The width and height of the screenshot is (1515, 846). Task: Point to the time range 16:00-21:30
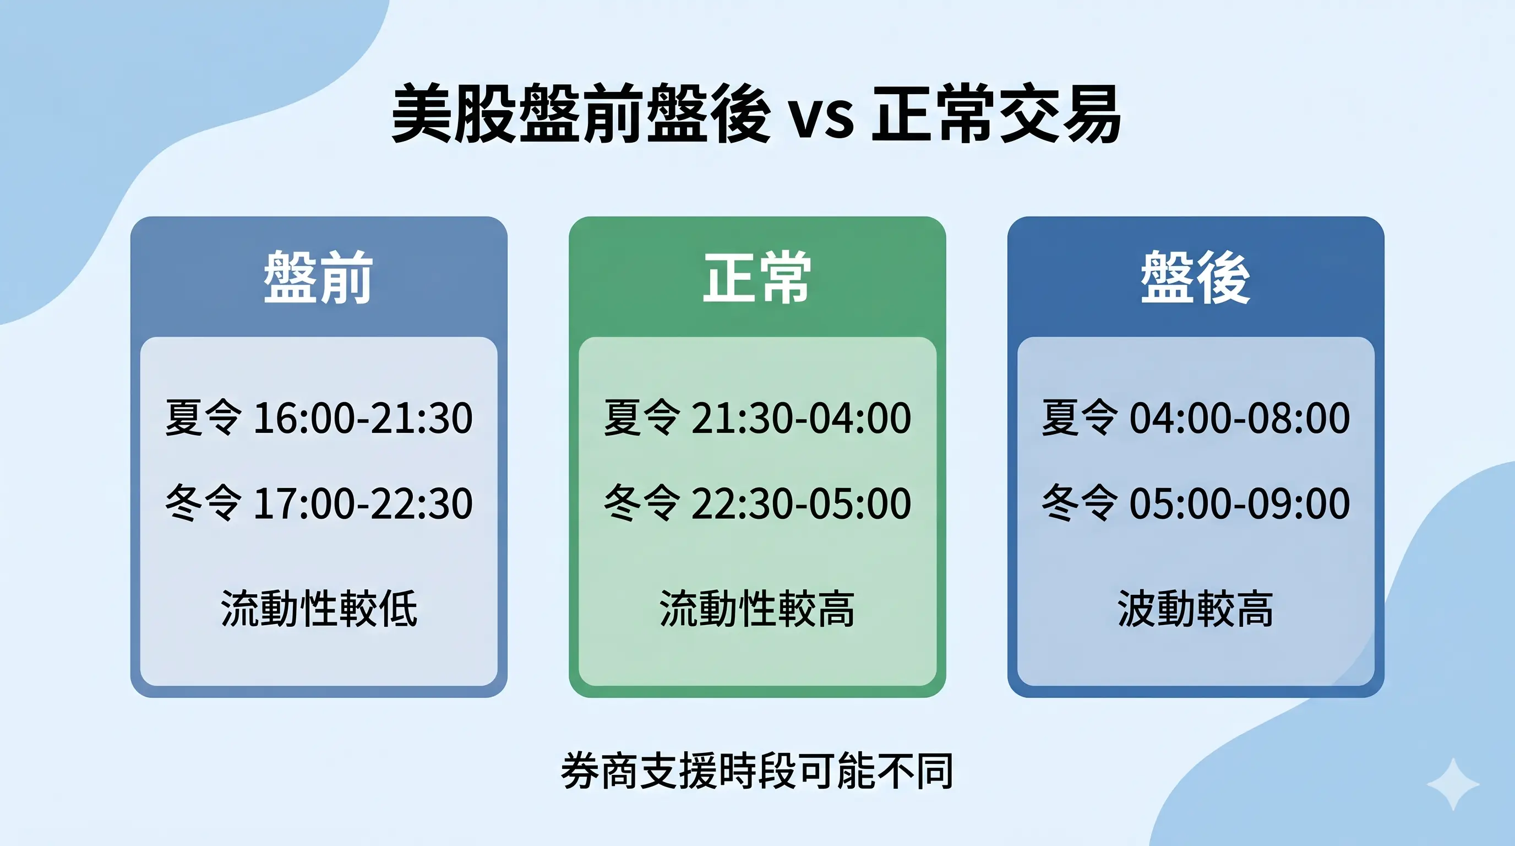(362, 418)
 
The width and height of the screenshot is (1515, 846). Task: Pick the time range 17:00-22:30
(362, 503)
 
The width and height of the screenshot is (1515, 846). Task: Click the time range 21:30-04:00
(801, 418)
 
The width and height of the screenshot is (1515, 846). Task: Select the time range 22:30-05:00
(801, 503)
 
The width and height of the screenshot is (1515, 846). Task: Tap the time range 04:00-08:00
(1240, 418)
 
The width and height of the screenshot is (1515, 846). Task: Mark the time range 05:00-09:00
(1240, 503)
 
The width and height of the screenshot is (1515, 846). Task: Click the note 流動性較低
(319, 608)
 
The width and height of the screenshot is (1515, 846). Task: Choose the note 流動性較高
(757, 608)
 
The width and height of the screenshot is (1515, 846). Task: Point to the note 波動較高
(1195, 608)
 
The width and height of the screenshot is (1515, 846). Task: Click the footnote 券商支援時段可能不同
(757, 770)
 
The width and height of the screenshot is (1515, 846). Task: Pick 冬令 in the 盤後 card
(1079, 503)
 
